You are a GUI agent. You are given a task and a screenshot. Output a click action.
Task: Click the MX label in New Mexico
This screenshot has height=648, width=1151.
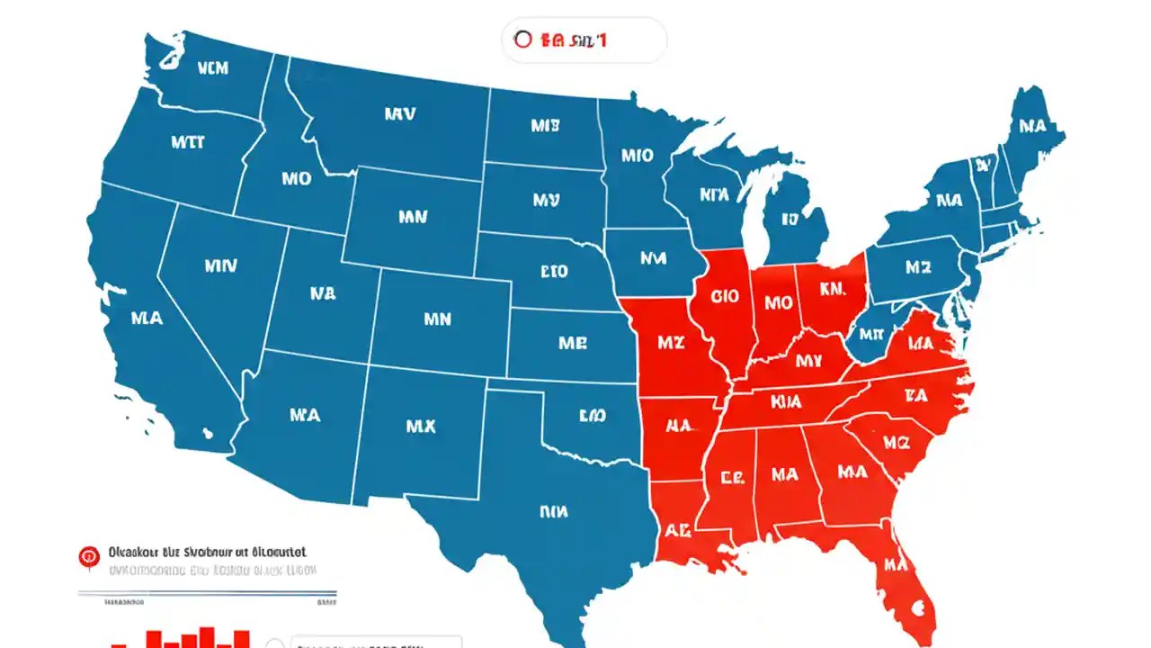(x=421, y=427)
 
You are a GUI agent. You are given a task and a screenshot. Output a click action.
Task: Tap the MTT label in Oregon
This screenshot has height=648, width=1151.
(x=187, y=142)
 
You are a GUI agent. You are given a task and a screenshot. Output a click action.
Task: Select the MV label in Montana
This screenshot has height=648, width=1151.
(x=399, y=114)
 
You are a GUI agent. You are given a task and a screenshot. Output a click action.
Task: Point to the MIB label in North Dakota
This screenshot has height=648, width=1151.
(x=545, y=126)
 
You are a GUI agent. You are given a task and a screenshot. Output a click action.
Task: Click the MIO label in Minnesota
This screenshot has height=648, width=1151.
(x=637, y=155)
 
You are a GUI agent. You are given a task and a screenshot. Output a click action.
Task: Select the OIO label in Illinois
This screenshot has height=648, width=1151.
(x=724, y=296)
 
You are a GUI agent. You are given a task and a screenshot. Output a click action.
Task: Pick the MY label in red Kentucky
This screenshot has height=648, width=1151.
(x=808, y=361)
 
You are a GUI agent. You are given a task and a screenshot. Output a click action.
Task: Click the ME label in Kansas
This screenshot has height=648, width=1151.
(x=573, y=343)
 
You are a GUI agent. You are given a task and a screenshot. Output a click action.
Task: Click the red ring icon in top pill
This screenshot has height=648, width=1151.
(x=522, y=40)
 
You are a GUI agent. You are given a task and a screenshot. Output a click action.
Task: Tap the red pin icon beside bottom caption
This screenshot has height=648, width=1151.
(x=89, y=556)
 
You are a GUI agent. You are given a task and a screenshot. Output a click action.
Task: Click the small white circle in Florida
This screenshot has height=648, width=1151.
(x=918, y=607)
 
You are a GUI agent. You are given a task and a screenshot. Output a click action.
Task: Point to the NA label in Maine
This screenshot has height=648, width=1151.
(x=1033, y=126)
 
